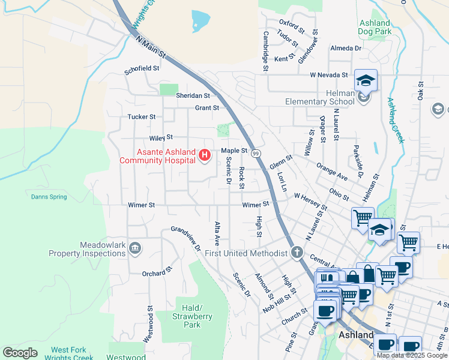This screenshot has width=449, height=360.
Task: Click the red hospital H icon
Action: (205, 156)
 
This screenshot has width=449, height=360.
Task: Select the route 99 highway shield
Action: (255, 154)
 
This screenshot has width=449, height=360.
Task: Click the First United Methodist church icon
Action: (297, 253)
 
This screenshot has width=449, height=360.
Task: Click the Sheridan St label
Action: (193, 95)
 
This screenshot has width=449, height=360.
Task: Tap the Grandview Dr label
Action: (185, 238)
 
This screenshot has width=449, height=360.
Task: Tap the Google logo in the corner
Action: (20, 353)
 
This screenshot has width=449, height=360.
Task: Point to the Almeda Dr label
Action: (346, 48)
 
